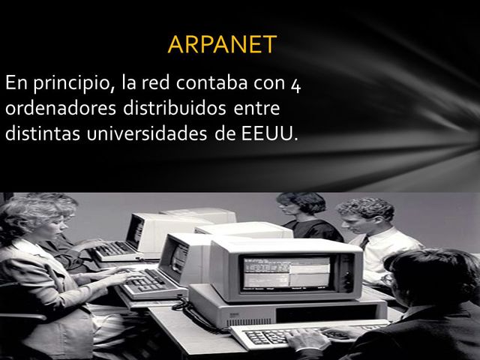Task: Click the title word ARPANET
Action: [x=222, y=44]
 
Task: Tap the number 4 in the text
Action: [x=295, y=83]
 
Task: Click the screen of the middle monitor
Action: [x=178, y=259]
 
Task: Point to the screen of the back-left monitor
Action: [x=135, y=231]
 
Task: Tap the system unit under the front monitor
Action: [x=285, y=309]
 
